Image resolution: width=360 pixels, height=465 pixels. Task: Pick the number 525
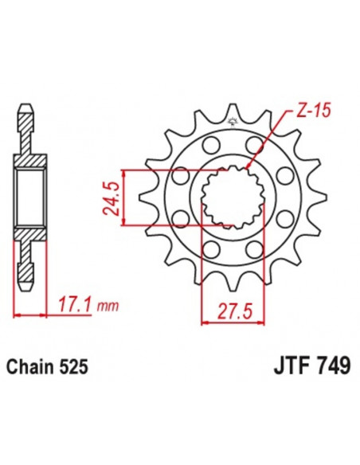tap(72, 369)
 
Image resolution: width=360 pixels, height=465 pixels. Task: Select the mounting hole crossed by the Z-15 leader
tap(256, 145)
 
